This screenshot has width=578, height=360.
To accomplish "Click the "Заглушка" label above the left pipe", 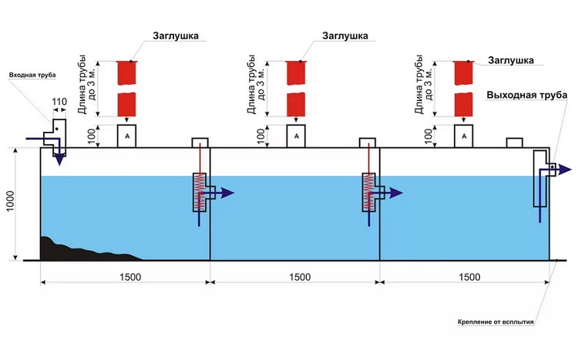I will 178,35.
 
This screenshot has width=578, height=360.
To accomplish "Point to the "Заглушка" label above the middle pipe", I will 344,35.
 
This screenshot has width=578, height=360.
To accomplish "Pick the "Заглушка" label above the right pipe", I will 512,59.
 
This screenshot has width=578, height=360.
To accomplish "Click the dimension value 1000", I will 10,204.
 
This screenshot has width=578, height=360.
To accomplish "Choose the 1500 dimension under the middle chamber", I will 299,277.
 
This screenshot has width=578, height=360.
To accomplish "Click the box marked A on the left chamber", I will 127,136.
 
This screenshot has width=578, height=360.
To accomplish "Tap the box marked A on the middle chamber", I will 296,136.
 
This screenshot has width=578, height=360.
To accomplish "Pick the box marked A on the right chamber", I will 464,136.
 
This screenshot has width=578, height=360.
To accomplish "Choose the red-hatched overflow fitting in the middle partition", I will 370,191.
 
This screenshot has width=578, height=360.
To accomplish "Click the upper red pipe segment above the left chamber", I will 127,73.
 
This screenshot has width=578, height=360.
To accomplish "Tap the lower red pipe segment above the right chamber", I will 463,103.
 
